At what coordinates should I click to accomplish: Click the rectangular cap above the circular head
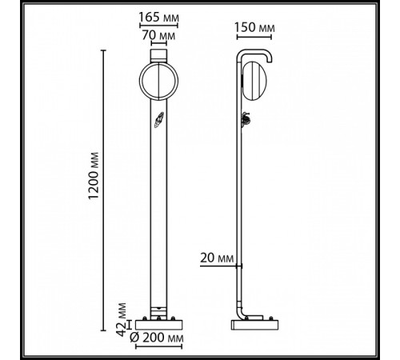[x=156, y=55]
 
